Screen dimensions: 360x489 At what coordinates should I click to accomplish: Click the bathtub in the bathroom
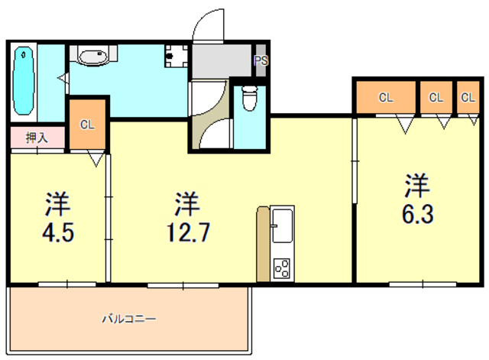click(x=25, y=78)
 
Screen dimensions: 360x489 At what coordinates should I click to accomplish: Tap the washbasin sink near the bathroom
click(x=94, y=57)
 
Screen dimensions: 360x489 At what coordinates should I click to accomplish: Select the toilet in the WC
click(x=248, y=97)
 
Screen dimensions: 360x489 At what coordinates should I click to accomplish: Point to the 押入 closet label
click(x=36, y=138)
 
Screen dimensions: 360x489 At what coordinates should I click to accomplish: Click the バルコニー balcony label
click(x=129, y=318)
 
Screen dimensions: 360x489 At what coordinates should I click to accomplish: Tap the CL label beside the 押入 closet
click(x=87, y=125)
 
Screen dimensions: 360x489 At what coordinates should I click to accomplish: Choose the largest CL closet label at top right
click(x=385, y=97)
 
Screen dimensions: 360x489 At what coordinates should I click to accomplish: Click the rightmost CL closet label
click(x=468, y=97)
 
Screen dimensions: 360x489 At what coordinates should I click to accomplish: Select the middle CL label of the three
click(x=436, y=97)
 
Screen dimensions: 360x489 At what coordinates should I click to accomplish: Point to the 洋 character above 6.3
click(x=416, y=186)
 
